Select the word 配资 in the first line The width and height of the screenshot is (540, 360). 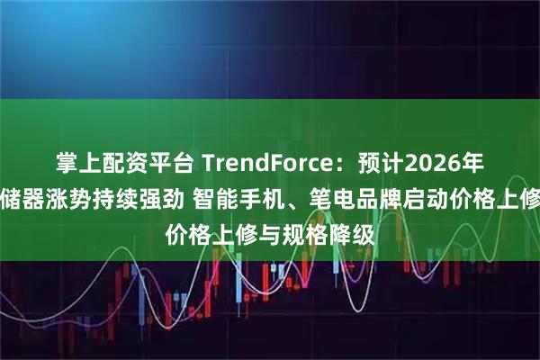click(113, 163)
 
